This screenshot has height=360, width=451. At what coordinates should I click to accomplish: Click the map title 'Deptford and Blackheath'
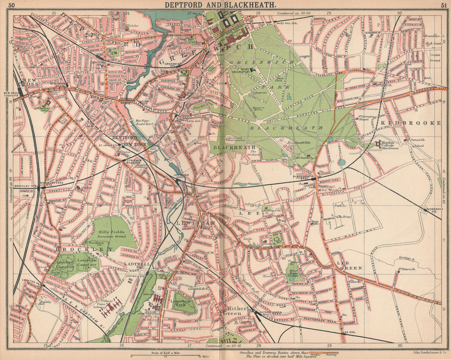point(220,5)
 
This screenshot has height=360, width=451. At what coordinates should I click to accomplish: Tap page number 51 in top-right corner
point(444,5)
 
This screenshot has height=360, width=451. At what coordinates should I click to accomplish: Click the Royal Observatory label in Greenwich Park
point(239,70)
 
